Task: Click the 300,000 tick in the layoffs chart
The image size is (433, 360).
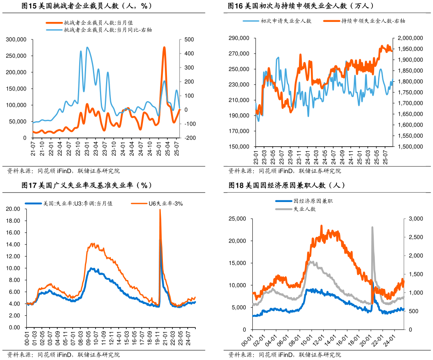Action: (x=16, y=39)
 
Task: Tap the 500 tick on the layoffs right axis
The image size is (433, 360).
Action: (x=189, y=39)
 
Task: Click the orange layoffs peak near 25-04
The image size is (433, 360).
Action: (x=164, y=48)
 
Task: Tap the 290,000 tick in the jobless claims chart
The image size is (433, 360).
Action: (x=239, y=38)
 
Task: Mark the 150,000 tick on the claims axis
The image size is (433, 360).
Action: (x=239, y=147)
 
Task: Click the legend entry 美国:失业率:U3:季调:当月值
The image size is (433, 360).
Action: (x=78, y=204)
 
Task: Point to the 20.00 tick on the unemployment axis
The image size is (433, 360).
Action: (x=13, y=209)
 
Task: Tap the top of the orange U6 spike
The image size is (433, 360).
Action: (x=160, y=210)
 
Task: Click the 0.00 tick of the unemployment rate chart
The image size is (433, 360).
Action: (x=15, y=327)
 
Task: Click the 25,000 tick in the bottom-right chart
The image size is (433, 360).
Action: (x=237, y=219)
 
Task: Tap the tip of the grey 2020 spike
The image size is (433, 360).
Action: (x=372, y=227)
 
